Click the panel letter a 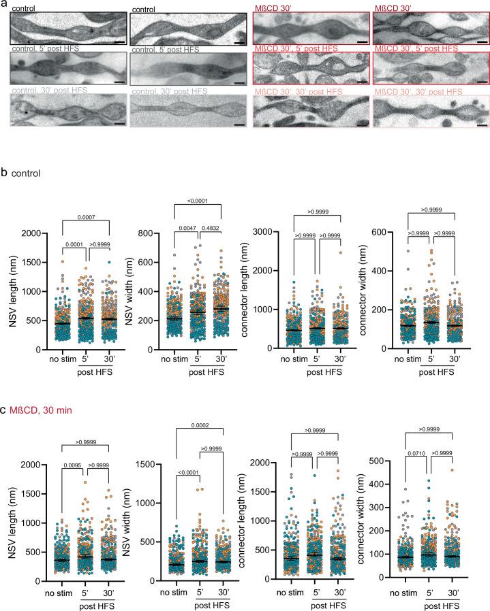[4, 5]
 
